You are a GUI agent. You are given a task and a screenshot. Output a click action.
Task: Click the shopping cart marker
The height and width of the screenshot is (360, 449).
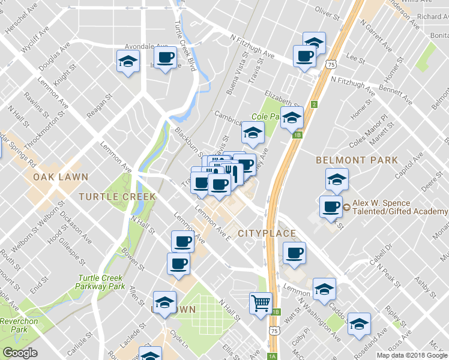(261, 302)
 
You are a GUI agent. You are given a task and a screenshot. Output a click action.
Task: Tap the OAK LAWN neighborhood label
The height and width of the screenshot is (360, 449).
(61, 178)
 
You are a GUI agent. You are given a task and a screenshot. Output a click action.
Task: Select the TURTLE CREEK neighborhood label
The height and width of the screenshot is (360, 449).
(117, 196)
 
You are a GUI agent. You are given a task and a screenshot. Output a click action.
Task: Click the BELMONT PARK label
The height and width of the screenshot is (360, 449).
(357, 160)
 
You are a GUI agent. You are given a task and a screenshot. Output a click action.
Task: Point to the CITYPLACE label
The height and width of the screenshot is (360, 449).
(267, 233)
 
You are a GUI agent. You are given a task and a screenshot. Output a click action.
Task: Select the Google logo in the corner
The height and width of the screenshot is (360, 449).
(20, 353)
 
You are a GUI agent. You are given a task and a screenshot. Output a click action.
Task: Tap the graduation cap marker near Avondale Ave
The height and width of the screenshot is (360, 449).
(127, 61)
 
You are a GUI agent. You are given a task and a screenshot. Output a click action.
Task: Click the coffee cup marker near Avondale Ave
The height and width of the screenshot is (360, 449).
(165, 58)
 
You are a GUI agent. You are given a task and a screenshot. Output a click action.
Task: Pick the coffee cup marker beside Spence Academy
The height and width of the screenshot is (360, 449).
(331, 206)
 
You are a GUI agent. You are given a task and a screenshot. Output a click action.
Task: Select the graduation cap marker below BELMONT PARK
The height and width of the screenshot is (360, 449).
(337, 179)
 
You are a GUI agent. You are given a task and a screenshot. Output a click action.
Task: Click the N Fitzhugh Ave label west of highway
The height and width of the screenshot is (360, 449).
(252, 46)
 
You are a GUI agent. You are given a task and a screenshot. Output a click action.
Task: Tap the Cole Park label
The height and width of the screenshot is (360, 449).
(266, 116)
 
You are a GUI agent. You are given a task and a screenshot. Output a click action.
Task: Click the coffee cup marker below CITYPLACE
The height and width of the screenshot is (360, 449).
(294, 253)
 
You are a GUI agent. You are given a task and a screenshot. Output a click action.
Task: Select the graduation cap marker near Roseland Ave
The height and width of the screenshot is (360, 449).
(359, 325)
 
